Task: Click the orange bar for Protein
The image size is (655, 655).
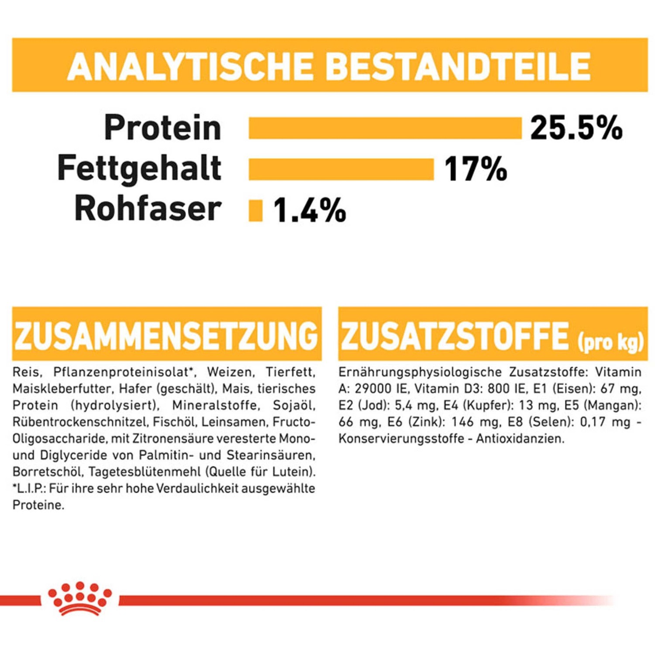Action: click(385, 128)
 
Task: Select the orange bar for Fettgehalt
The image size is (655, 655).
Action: click(341, 169)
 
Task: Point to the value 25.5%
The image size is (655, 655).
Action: click(576, 128)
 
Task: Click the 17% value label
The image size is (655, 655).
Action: click(476, 169)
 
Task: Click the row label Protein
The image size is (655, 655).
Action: click(162, 128)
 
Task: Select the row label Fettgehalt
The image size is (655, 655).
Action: click(139, 168)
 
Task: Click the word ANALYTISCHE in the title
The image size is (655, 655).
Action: click(190, 66)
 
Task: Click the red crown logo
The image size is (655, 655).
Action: click(80, 598)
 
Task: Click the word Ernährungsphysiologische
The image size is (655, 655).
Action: click(420, 372)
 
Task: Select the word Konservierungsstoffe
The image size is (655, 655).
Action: click(401, 438)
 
